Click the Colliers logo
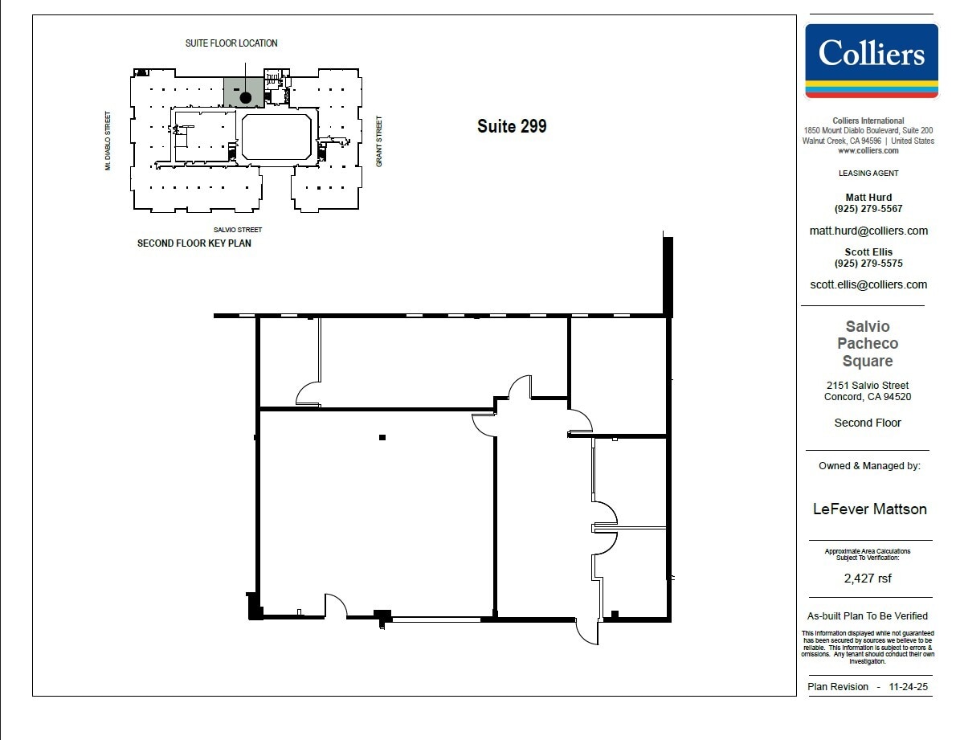[871, 60]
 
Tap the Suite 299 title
[512, 126]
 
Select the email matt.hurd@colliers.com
[868, 231]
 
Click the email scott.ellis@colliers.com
[868, 284]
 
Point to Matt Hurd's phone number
[868, 209]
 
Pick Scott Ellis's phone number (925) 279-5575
[868, 264]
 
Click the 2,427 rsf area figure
[868, 578]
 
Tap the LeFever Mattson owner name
[869, 509]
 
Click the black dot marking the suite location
[246, 97]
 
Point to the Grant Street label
[379, 142]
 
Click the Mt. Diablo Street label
[107, 141]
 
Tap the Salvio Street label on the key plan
[238, 230]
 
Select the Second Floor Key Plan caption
[194, 243]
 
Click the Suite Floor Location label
[231, 43]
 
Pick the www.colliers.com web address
[868, 150]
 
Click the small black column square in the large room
[382, 438]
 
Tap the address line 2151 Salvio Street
[868, 386]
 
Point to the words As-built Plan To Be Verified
[868, 616]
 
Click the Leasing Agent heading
[868, 173]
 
